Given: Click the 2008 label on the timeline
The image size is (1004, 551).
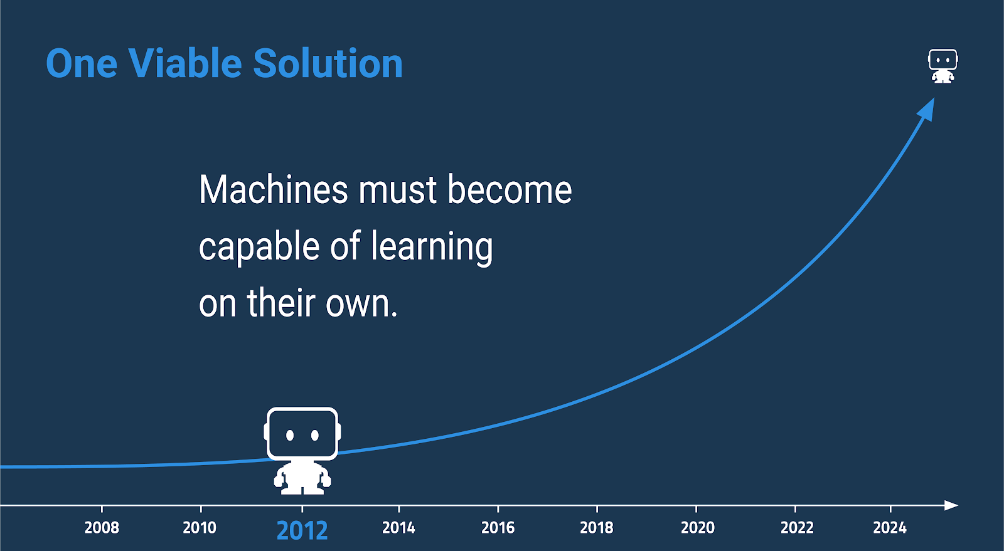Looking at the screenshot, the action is coord(102,528).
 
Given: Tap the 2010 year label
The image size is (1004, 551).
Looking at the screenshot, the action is coord(200,528).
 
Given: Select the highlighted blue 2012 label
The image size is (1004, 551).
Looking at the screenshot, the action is coord(302,530).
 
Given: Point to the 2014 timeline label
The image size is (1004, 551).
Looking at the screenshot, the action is coord(398,528).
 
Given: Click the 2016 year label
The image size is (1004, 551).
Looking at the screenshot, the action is coord(498,528).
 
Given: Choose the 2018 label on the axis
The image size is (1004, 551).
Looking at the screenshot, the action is coord(597,528).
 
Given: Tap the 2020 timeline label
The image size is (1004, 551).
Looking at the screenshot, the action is coord(698,528).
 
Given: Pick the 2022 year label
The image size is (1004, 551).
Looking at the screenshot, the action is coord(797,528).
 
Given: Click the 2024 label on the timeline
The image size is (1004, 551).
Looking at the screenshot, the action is coord(890,528).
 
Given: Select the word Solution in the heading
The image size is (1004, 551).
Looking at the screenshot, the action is coord(328,63).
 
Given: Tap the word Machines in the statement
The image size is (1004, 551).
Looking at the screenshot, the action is coord(273,190).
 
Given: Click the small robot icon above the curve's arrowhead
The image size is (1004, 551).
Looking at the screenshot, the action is coord(943,66).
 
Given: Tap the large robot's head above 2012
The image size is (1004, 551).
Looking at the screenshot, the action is coord(302,433).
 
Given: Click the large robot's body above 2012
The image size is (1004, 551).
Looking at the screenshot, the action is coord(302,478).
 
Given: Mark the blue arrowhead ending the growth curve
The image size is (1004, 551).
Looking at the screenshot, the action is coord(927,109).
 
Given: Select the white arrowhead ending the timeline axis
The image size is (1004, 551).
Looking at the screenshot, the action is coord(951,505).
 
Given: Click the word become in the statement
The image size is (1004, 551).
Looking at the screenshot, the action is coord(510,190).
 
